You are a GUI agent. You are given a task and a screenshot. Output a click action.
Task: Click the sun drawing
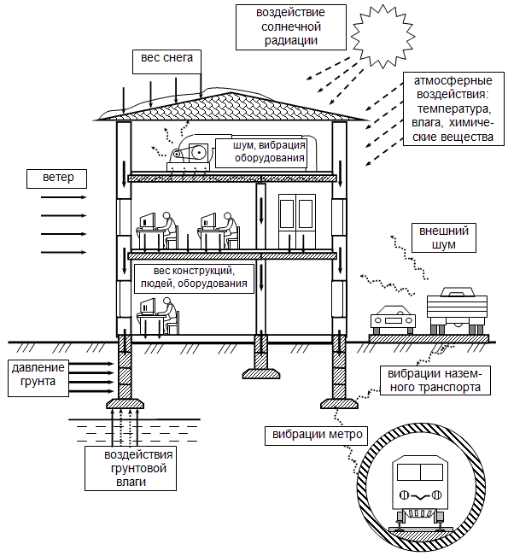[382, 36]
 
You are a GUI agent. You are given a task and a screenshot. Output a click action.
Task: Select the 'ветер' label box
[56, 179]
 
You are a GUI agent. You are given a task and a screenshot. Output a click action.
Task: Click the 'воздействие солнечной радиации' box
[291, 27]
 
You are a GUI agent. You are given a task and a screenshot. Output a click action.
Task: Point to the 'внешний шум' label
[443, 237]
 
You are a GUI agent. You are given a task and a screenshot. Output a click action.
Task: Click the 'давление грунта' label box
[38, 377]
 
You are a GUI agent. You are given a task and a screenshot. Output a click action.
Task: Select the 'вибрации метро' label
[316, 436]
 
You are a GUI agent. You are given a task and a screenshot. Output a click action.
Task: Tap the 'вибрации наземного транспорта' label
[435, 380]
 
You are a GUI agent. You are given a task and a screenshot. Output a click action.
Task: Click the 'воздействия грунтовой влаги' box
[131, 468]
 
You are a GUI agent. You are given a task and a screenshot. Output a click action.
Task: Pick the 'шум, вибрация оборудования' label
[261, 153]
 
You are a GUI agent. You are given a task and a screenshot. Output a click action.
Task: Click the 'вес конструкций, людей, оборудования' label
[195, 278]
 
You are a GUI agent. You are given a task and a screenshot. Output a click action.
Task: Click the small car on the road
[393, 319]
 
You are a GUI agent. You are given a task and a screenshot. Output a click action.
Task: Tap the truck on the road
[457, 310]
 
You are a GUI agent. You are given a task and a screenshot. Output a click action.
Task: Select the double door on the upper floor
[297, 221]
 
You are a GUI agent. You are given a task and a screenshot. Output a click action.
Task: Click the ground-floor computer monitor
[148, 307]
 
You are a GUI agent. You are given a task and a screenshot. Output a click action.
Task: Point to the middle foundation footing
[261, 357]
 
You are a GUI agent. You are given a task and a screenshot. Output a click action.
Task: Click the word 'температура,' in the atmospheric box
[454, 108]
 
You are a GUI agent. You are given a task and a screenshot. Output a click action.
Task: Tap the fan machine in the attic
[190, 154]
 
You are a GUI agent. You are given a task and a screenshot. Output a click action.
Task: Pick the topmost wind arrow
[64, 197]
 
